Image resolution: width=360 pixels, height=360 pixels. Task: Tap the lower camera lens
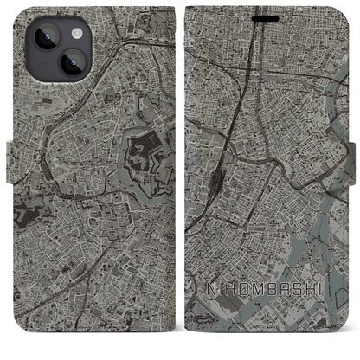coord(47,65)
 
